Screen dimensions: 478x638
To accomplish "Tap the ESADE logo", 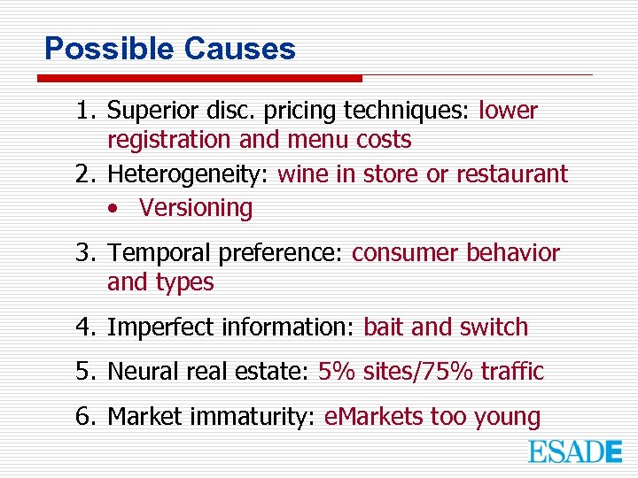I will click(575, 451).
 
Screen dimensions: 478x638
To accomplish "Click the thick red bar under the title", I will click(199, 79).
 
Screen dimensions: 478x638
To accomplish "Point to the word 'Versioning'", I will click(196, 208).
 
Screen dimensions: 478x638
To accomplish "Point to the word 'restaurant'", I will click(511, 174).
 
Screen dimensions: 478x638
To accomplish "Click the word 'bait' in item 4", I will click(384, 328).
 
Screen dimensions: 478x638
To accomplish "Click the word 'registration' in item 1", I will click(168, 140).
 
